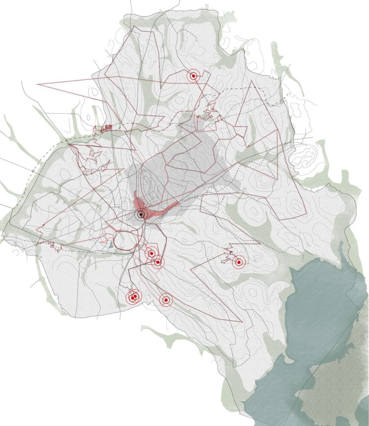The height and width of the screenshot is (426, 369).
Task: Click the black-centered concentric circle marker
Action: (141, 215)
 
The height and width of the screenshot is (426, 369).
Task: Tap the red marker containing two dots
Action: (133, 297)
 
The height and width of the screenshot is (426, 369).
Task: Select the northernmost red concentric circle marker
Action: (194, 76)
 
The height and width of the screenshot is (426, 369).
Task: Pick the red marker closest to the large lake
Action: (238, 262)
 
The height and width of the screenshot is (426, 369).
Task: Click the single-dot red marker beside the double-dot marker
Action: (166, 299)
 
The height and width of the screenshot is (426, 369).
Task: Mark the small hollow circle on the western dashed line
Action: (33, 171)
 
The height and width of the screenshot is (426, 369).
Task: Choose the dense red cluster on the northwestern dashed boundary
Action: (105, 129)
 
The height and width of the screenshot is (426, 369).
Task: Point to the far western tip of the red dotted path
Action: (38, 85)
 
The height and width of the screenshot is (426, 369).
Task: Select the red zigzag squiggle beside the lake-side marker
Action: (228, 255)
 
